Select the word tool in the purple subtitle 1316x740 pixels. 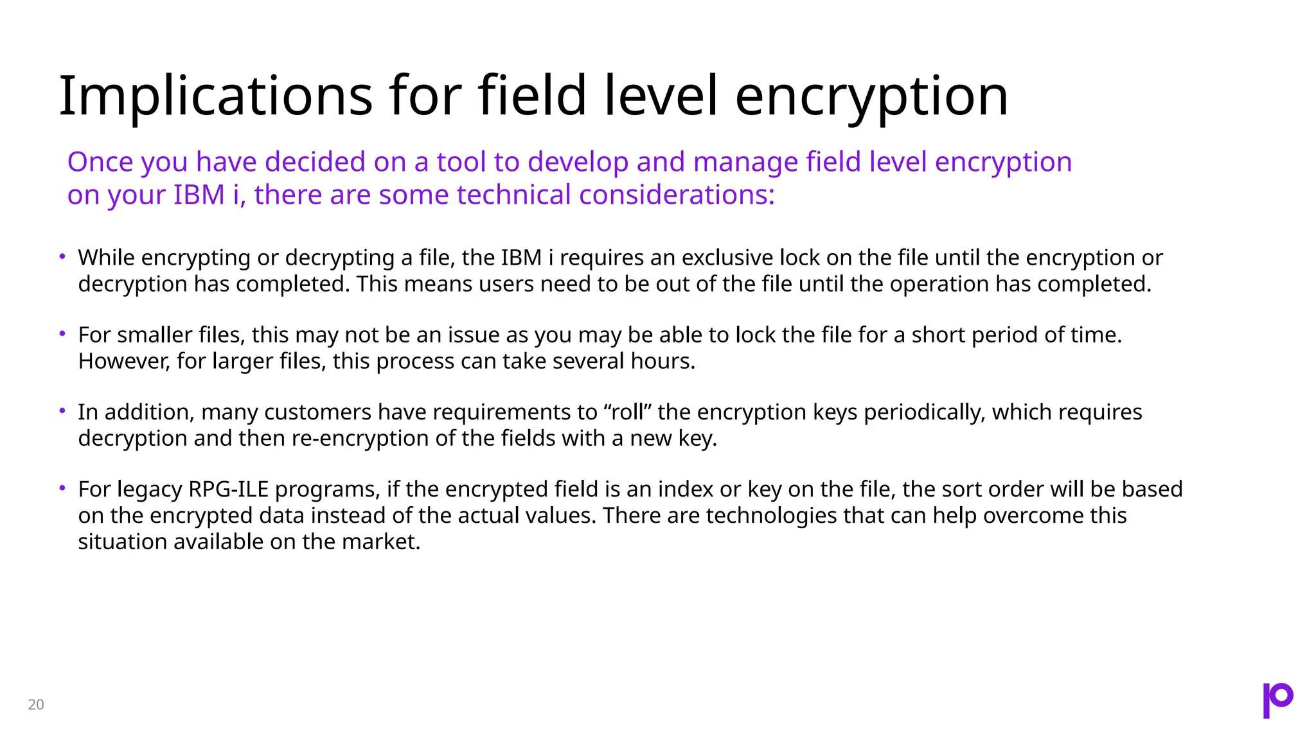coord(461,162)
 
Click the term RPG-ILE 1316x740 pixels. coord(228,489)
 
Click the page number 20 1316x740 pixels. coord(36,705)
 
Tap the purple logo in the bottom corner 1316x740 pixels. coord(1277,700)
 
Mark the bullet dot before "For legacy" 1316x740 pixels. coord(62,488)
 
